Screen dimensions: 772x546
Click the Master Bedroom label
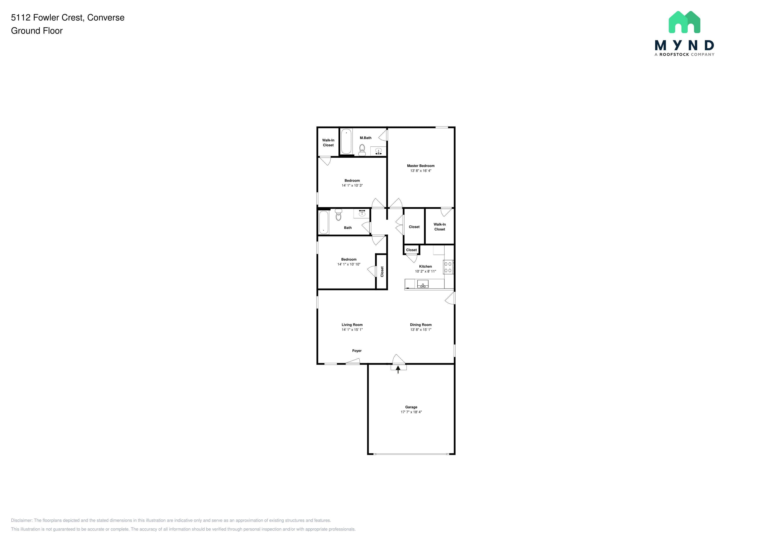point(421,166)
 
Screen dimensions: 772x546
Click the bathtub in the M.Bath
point(346,142)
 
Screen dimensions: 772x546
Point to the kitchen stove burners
point(448,267)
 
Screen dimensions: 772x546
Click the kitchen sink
point(423,284)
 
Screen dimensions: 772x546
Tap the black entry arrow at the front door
point(398,370)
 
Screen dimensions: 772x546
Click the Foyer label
point(357,351)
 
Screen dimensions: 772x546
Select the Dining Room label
point(421,325)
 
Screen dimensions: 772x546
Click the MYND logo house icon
point(684,22)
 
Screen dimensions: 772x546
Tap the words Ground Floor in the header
point(37,31)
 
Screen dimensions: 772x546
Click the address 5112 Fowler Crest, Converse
point(68,17)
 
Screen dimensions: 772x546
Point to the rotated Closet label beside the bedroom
point(382,272)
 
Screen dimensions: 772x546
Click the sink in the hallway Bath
point(362,213)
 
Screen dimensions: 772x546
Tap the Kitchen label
point(425,266)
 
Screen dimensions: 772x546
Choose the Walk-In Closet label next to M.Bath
point(328,143)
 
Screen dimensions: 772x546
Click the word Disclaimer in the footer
point(22,520)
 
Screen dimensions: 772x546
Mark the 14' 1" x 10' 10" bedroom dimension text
point(349,264)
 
